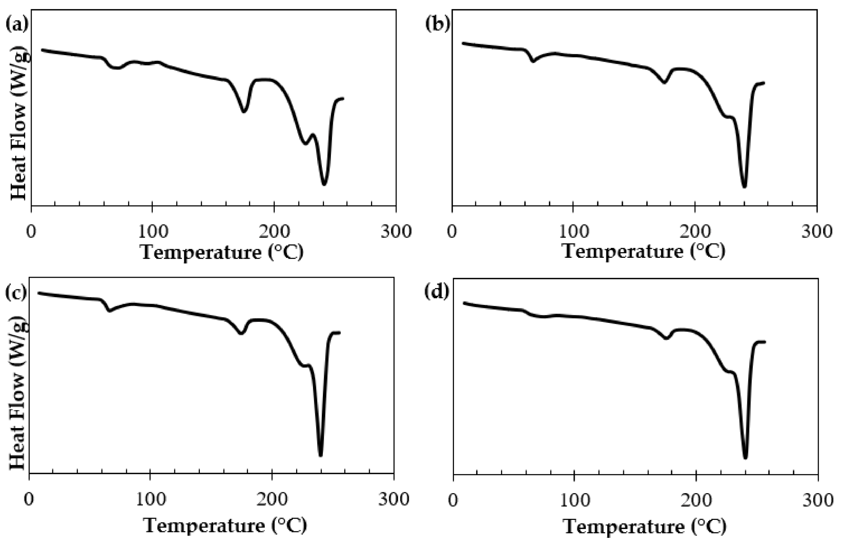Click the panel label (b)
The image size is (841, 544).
coord(438,24)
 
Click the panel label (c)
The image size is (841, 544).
coord(16,292)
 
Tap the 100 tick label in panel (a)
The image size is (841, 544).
coord(152,232)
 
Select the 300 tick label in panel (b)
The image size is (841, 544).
coord(816,232)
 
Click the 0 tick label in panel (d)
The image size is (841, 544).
coord(453,501)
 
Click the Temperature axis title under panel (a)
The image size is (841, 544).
coord(222,253)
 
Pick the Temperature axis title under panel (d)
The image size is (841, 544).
coord(645,527)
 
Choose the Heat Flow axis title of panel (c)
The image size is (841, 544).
coord(18,394)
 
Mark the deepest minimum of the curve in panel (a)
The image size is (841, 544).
coord(324,184)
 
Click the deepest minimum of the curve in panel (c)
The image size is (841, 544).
coord(321,455)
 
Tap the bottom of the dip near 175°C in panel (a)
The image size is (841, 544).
coord(244,111)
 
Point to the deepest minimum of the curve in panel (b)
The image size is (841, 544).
coord(744,187)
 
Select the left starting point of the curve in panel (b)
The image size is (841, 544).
coord(463,43)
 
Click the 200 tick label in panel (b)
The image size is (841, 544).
coord(694,232)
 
